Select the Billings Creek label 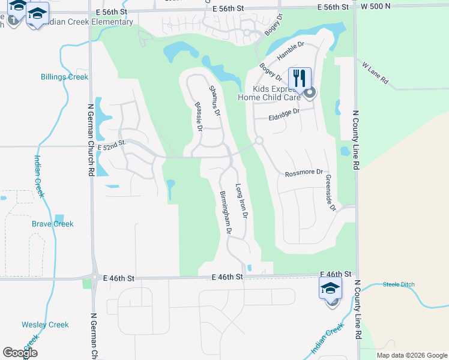(64, 77)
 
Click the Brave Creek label (53, 224)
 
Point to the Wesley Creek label (45, 325)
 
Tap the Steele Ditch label (399, 284)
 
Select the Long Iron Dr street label (241, 201)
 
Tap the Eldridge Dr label (284, 113)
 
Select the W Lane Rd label (376, 72)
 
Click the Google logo (20, 353)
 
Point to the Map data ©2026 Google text (411, 355)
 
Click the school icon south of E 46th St (330, 289)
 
